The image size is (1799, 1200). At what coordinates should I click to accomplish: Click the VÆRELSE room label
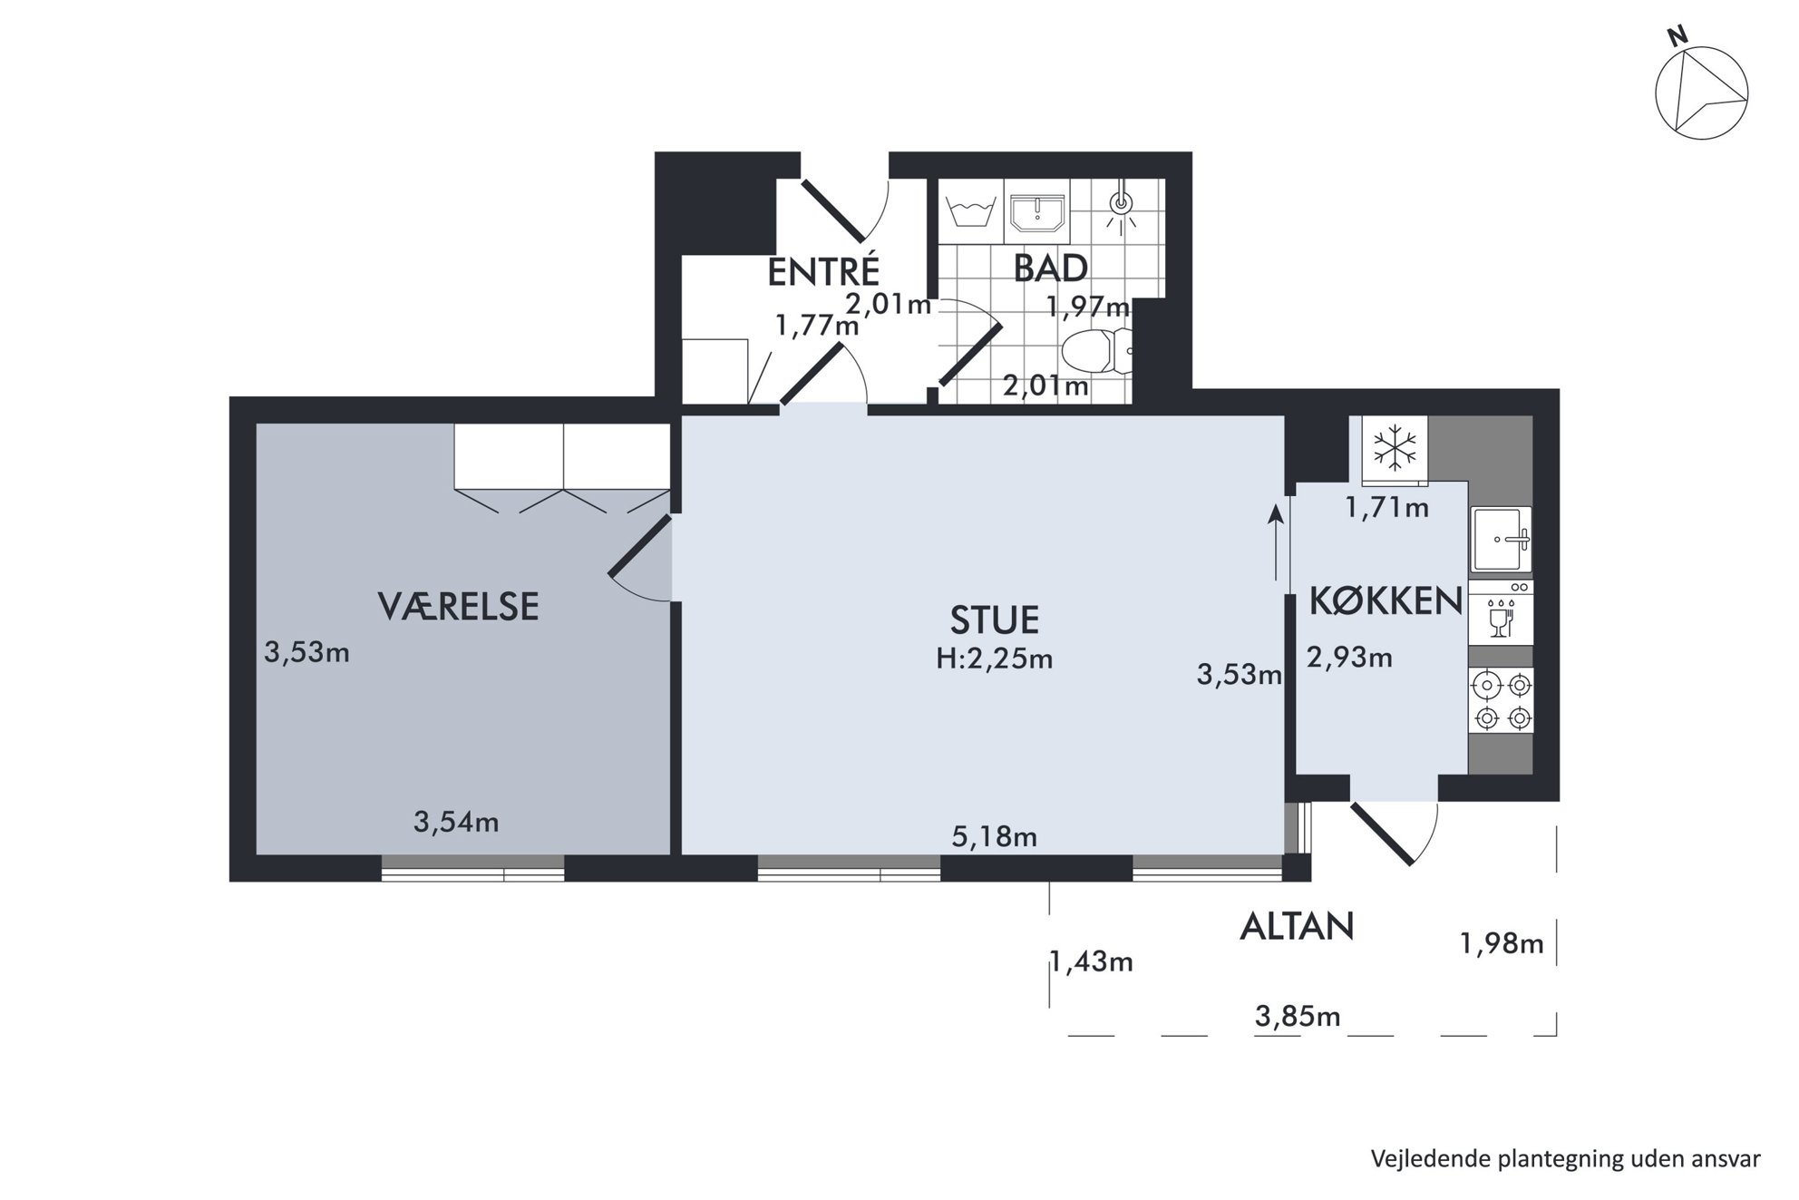(x=458, y=606)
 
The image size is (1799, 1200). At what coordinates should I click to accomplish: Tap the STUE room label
(x=994, y=620)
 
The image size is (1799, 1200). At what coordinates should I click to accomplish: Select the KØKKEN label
(x=1386, y=600)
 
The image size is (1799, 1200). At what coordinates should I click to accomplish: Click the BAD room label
(x=1050, y=268)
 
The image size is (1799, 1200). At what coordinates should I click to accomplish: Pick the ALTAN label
(x=1297, y=926)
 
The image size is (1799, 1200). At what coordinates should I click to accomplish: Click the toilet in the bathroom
(x=1096, y=351)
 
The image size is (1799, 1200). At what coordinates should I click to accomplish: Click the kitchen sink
(x=1501, y=540)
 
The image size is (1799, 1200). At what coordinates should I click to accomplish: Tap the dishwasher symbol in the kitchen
(x=1501, y=613)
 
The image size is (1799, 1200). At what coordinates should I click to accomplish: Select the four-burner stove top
(x=1502, y=700)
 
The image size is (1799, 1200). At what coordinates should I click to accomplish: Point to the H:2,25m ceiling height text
(x=994, y=659)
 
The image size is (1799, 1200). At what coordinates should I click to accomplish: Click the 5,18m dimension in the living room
(x=994, y=835)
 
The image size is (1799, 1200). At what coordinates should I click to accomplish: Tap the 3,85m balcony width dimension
(x=1298, y=1016)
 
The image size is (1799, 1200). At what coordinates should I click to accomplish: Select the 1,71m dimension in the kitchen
(x=1386, y=507)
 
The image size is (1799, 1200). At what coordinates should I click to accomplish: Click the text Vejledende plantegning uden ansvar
(x=1565, y=1158)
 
